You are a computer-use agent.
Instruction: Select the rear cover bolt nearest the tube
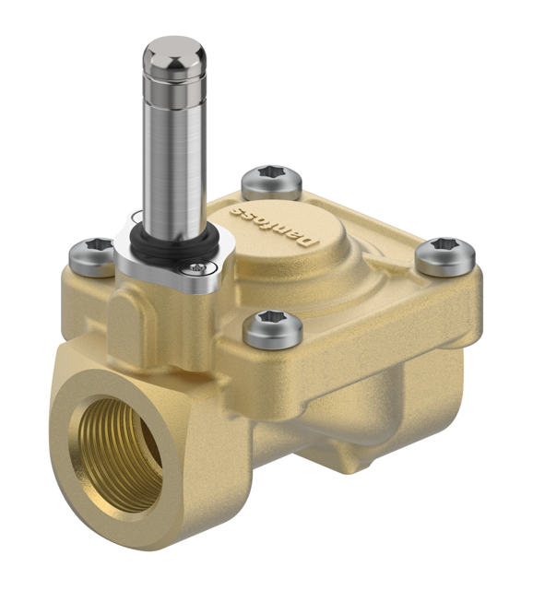271,183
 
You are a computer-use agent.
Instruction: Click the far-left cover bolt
90,256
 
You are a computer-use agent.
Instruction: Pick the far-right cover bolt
444,256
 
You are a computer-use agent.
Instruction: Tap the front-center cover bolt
273,327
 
